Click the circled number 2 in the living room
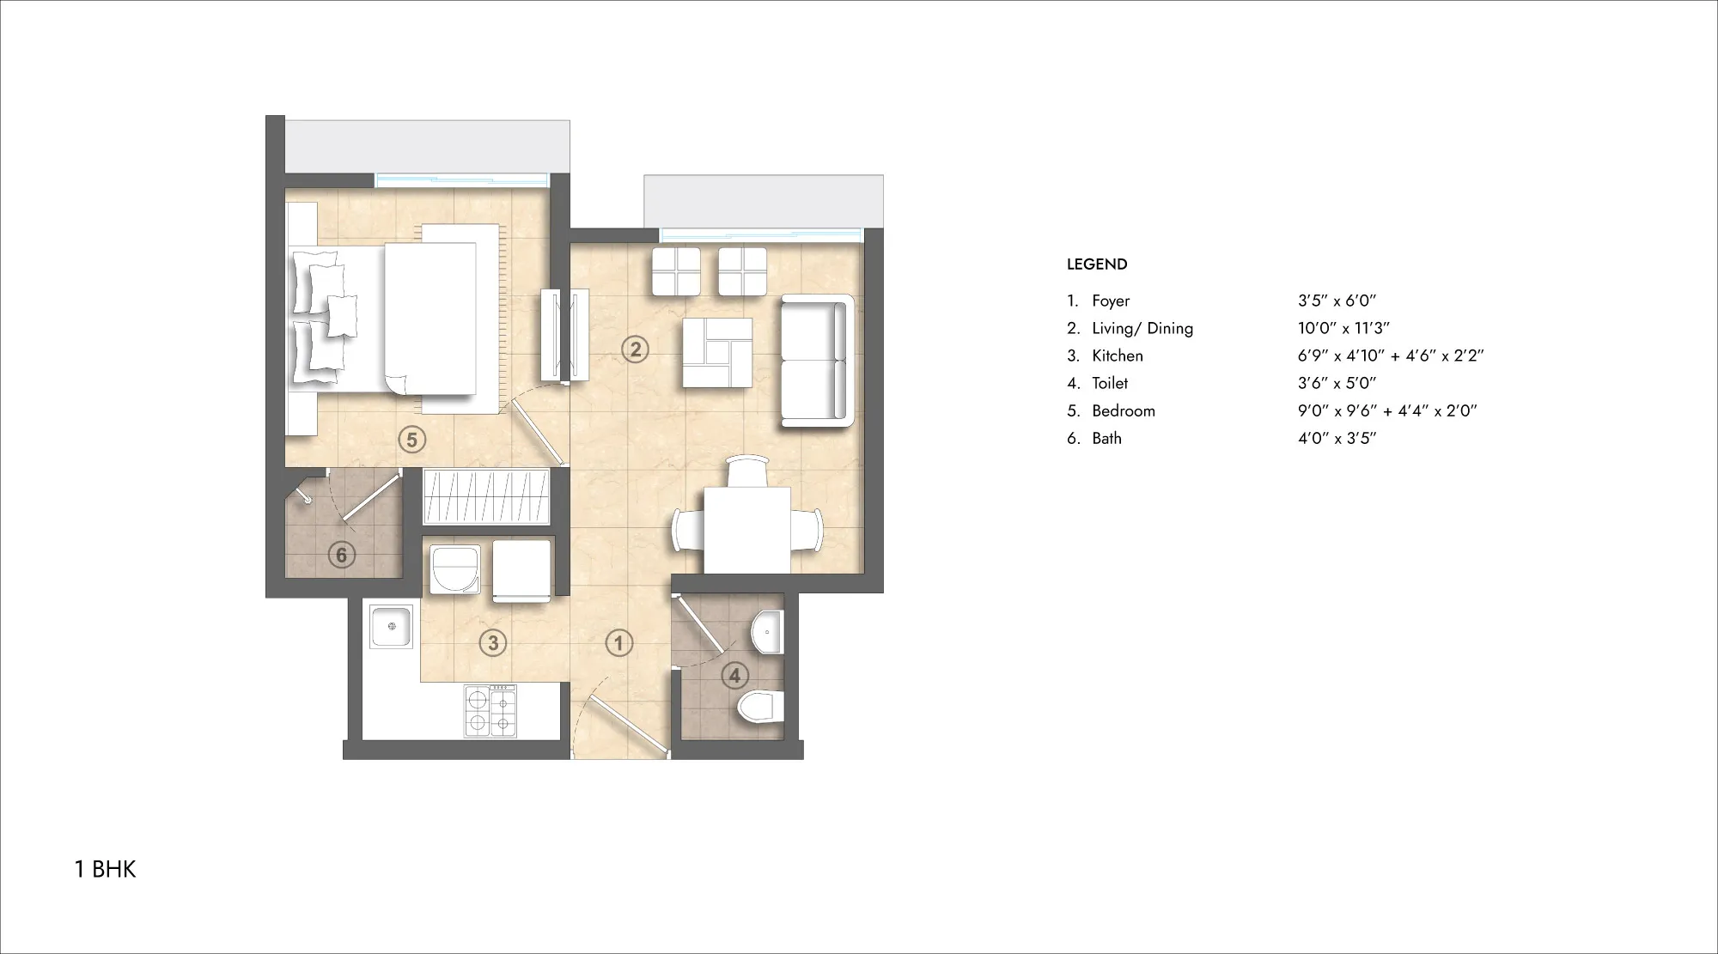tap(636, 349)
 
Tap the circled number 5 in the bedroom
tap(412, 440)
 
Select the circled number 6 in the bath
tap(342, 555)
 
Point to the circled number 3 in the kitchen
tap(493, 642)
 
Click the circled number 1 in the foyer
tap(618, 642)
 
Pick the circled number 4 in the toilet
tap(734, 675)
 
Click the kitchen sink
tap(392, 626)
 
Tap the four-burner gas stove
tap(490, 710)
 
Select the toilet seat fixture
tap(761, 707)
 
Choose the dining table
tap(747, 530)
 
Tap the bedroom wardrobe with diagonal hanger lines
tap(486, 496)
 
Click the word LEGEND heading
tap(1097, 264)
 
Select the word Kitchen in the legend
tap(1118, 355)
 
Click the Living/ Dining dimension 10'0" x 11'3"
tap(1343, 328)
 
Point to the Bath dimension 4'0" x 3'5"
tap(1337, 438)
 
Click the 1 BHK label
tap(106, 870)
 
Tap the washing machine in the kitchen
tap(454, 567)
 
